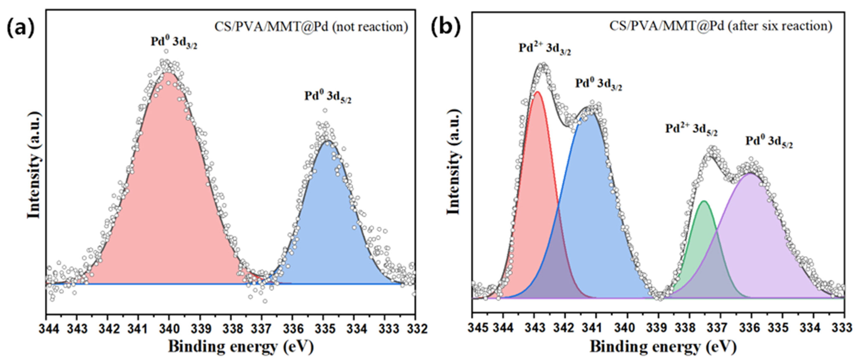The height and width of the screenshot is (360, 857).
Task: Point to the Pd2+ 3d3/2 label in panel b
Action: (x=545, y=49)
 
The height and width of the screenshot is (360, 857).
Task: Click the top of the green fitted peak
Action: (x=704, y=201)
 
